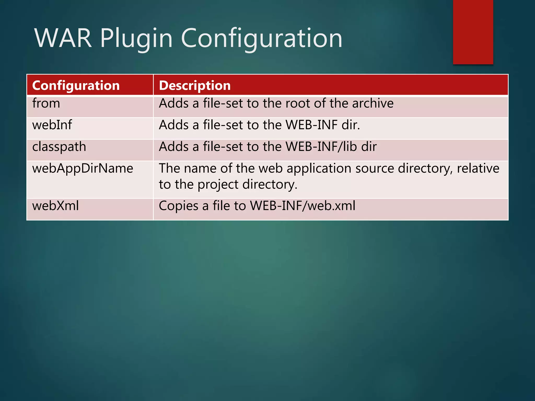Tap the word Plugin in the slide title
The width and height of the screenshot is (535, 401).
(136, 39)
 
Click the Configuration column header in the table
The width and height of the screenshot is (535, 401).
(76, 86)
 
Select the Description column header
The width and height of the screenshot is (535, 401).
(195, 86)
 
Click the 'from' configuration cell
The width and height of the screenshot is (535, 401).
(46, 103)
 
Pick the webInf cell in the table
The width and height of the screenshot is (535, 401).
(52, 125)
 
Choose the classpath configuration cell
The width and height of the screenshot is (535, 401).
(59, 147)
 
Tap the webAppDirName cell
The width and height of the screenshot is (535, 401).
(83, 168)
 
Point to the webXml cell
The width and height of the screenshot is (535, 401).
(55, 206)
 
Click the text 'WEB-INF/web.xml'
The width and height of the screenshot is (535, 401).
(303, 206)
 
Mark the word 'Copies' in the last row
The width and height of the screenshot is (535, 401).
(178, 206)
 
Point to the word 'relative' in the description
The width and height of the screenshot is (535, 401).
(478, 168)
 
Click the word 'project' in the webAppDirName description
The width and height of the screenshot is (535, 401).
(218, 185)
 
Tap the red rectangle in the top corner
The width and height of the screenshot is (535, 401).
(473, 32)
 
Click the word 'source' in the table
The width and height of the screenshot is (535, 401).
(374, 168)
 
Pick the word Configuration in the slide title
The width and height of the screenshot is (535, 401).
(261, 39)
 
